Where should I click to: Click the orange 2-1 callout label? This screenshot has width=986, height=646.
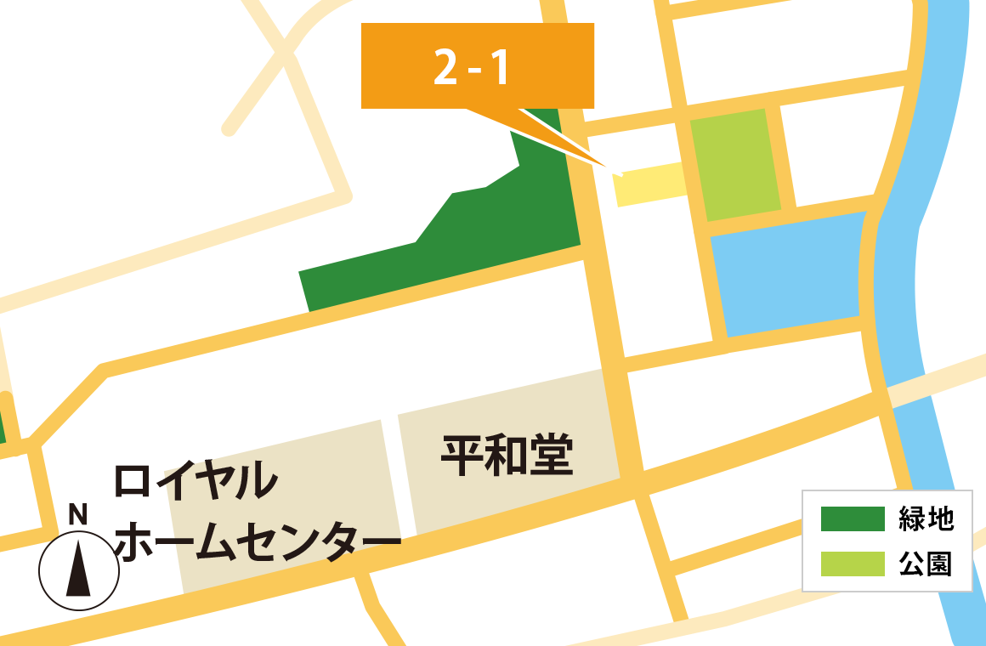477,66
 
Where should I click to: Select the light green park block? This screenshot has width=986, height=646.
736,163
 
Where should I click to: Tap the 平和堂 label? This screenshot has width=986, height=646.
507,456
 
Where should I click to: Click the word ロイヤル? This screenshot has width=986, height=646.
195,481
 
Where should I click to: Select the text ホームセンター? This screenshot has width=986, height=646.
257,541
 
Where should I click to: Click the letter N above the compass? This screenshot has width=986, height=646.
78,514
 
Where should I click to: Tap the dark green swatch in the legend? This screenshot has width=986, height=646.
853,518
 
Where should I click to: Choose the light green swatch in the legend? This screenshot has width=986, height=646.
853,564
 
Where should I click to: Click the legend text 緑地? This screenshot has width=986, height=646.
926,518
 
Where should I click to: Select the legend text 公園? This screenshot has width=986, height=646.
926,564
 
